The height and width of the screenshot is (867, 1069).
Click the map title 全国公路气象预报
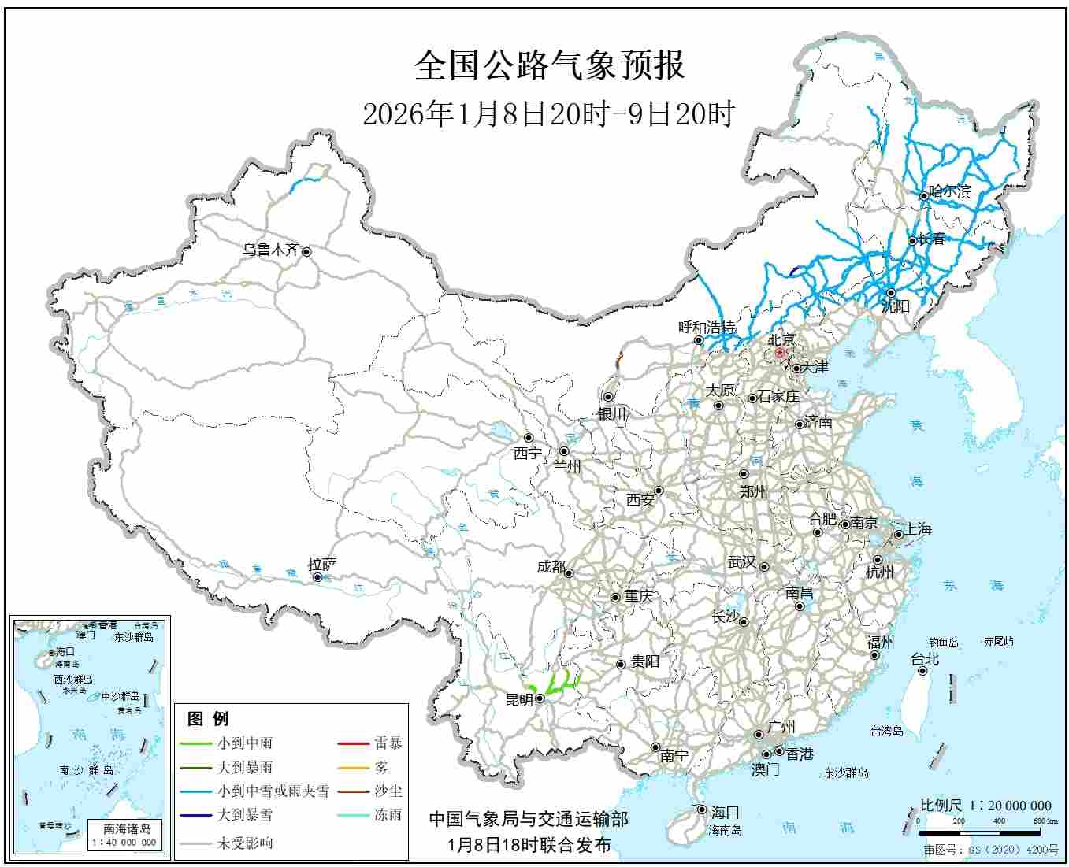(x=549, y=65)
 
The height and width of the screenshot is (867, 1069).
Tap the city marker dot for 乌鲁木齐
(x=306, y=252)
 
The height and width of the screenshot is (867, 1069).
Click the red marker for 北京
(x=780, y=354)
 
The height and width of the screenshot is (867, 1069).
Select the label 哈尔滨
(x=949, y=191)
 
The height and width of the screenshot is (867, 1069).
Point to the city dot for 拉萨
(x=317, y=577)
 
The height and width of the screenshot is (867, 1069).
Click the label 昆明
(x=518, y=699)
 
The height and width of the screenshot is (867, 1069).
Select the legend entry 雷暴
(x=388, y=743)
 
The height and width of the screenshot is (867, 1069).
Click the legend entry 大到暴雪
(x=245, y=815)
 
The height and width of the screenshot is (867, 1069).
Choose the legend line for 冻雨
(x=353, y=815)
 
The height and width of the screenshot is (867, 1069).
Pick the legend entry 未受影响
(x=245, y=843)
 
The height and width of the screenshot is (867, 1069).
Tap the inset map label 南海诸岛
(x=127, y=828)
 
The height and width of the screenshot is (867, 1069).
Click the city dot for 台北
(x=922, y=671)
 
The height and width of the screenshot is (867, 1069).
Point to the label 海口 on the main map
(x=724, y=812)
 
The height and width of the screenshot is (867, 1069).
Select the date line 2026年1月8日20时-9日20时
(x=548, y=114)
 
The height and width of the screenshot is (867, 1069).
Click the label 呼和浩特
(x=707, y=328)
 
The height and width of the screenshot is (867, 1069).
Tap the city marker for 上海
(x=898, y=535)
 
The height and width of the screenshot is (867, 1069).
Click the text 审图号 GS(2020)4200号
(x=991, y=850)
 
